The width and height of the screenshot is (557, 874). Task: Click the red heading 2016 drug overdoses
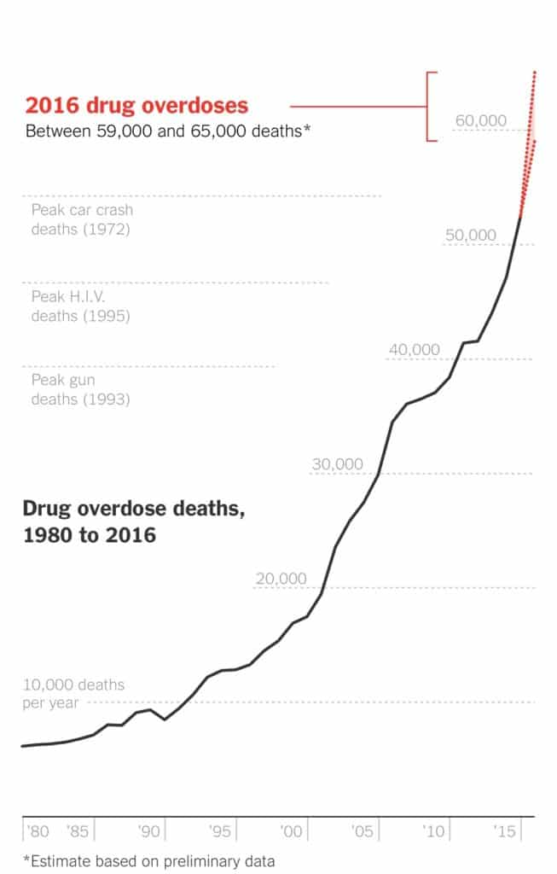tap(136, 106)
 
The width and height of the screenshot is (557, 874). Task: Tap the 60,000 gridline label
tap(480, 121)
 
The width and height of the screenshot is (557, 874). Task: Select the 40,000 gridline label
tap(415, 349)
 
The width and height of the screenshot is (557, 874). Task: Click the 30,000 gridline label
tap(338, 464)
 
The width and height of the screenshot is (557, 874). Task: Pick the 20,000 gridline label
tap(281, 579)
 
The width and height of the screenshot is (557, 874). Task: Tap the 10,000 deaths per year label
tap(73, 693)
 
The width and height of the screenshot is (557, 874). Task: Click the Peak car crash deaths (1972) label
tap(82, 218)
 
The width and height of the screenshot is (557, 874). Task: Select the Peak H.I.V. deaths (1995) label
tap(80, 306)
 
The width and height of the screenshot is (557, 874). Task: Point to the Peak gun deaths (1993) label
tap(80, 389)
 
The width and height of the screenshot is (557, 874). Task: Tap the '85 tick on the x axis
tap(78, 830)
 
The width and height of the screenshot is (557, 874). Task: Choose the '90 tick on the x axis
tap(150, 830)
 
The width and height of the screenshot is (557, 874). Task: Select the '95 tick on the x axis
tap(221, 830)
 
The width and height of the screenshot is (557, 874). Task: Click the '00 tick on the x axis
tap(293, 830)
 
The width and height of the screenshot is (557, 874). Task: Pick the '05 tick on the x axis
tap(363, 830)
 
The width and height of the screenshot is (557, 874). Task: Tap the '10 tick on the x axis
tap(435, 830)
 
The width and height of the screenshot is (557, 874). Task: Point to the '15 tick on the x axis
tap(507, 830)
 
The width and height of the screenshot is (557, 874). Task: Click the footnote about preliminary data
tap(149, 860)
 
